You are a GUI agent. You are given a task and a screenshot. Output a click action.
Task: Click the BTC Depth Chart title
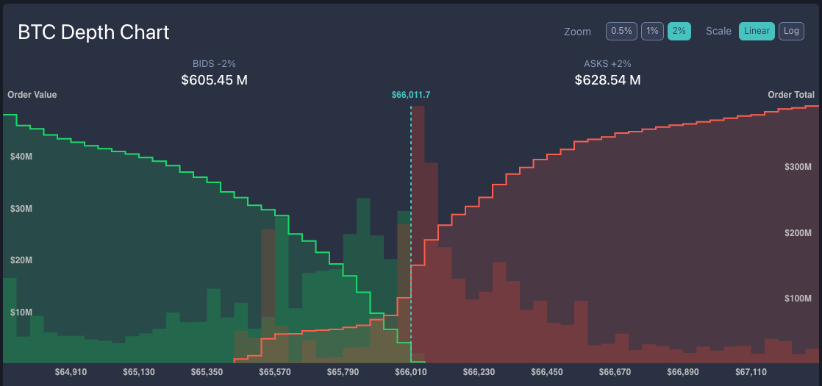pyautogui.click(x=93, y=32)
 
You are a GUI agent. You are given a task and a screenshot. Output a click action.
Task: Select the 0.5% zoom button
pyautogui.click(x=621, y=31)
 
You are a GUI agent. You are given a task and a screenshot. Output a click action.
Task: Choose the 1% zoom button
pyautogui.click(x=652, y=31)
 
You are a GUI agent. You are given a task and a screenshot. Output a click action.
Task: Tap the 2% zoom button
pyautogui.click(x=679, y=31)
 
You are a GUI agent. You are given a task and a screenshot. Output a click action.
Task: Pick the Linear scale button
pyautogui.click(x=757, y=31)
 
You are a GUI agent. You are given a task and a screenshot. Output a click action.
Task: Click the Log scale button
pyautogui.click(x=791, y=31)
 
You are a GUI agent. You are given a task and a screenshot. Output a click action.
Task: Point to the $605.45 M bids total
pyautogui.click(x=214, y=79)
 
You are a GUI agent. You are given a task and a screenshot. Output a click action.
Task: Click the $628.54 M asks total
pyautogui.click(x=607, y=79)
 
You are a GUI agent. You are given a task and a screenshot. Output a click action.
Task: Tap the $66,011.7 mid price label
pyautogui.click(x=411, y=95)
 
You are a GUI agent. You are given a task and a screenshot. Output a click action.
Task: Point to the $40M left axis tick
pyautogui.click(x=21, y=157)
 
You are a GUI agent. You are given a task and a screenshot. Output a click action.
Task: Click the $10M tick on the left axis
pyautogui.click(x=21, y=312)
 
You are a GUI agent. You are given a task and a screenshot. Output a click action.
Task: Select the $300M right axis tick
pyautogui.click(x=798, y=167)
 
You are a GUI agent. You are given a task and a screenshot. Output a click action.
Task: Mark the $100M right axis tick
pyautogui.click(x=798, y=299)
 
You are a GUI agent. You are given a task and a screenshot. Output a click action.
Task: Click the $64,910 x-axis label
pyautogui.click(x=71, y=372)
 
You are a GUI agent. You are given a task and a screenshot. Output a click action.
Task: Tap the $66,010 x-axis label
pyautogui.click(x=411, y=372)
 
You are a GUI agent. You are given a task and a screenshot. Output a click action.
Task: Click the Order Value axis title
pyautogui.click(x=32, y=95)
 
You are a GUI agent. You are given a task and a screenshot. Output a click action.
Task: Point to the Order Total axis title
pyautogui.click(x=790, y=95)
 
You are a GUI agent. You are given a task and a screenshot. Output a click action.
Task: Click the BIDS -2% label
pyautogui.click(x=214, y=64)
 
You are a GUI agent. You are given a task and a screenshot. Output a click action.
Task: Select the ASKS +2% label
pyautogui.click(x=607, y=64)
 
